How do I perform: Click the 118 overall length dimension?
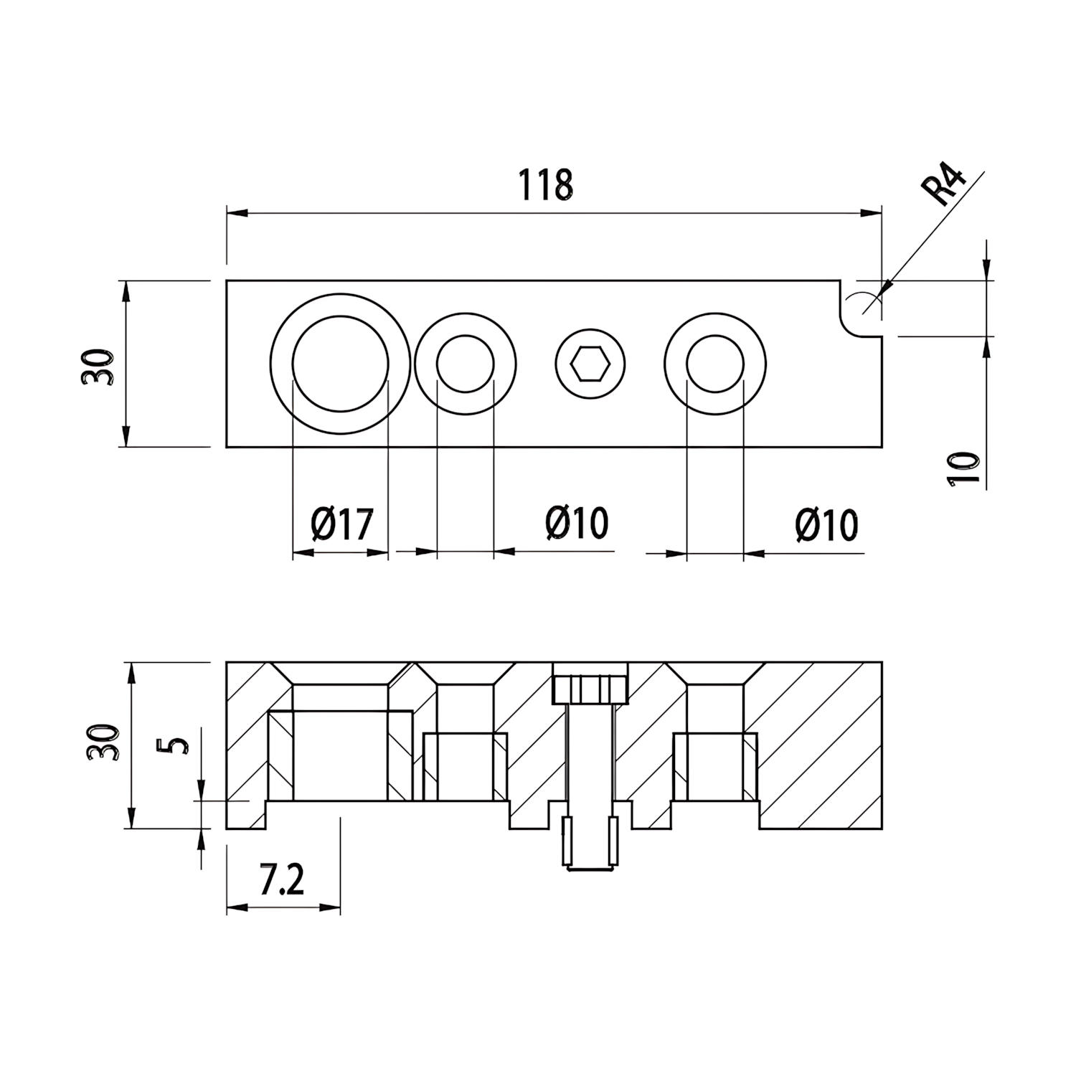(x=546, y=185)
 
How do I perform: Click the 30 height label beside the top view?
(x=98, y=367)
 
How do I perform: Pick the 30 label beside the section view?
(x=102, y=742)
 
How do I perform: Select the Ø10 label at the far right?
(x=826, y=526)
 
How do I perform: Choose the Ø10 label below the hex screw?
(x=577, y=523)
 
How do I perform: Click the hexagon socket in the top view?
(x=590, y=364)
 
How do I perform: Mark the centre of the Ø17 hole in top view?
(x=341, y=364)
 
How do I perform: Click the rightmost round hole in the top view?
(x=715, y=364)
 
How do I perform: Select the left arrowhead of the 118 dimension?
(x=237, y=213)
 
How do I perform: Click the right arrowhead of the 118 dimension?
(x=871, y=213)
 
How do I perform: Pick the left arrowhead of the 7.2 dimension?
(x=237, y=907)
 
